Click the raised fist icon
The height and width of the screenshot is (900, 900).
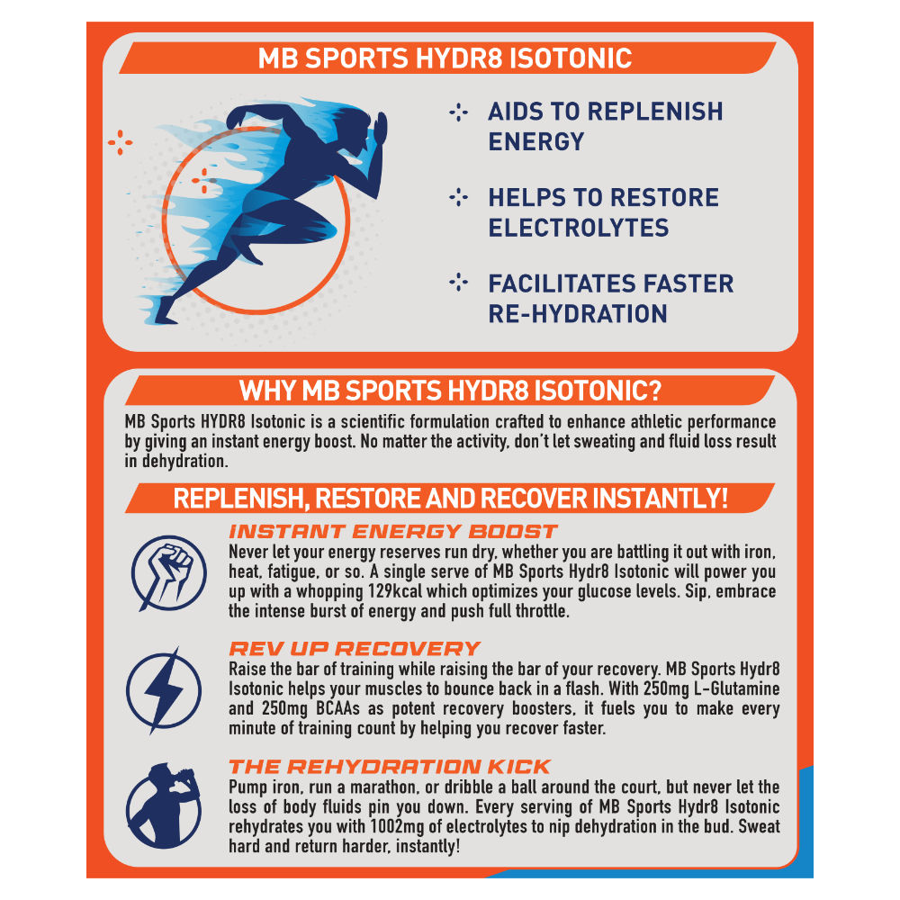point(168,572)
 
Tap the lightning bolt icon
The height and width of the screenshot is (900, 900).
point(164,690)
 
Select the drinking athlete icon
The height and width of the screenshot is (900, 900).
point(164,806)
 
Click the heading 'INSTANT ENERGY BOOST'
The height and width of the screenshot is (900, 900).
point(392,532)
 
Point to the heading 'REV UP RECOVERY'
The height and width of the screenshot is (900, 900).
point(355,649)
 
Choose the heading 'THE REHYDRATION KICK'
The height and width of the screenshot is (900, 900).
point(390,766)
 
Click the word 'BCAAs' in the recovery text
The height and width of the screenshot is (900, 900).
point(337,708)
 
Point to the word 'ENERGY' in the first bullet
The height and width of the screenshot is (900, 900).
point(536,142)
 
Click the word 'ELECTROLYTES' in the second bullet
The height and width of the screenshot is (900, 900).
point(579,228)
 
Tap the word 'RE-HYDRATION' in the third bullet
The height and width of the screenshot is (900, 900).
point(578,314)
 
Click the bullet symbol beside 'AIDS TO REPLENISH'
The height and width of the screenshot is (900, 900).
point(459,112)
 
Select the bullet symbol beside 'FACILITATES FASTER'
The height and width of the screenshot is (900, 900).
point(459,283)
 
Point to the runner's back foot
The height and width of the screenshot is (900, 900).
point(165,312)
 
